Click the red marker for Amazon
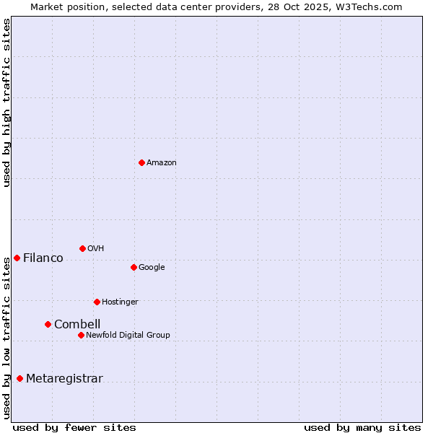point(141,162)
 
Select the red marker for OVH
point(82,248)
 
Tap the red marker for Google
point(134,267)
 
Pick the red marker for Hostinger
point(97,302)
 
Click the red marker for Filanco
point(17,258)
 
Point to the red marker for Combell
point(48,324)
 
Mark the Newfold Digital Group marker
point(81,335)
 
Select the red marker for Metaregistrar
point(19,378)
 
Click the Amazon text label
point(162,163)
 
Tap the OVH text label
point(96,249)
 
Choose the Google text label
point(152,268)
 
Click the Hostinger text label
point(120,302)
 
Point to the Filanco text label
point(43,258)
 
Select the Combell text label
point(77,325)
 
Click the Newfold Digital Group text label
point(128,336)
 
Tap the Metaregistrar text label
point(64,379)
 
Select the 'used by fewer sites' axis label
point(74,427)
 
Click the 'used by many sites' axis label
point(362,427)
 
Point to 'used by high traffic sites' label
point(6,102)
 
